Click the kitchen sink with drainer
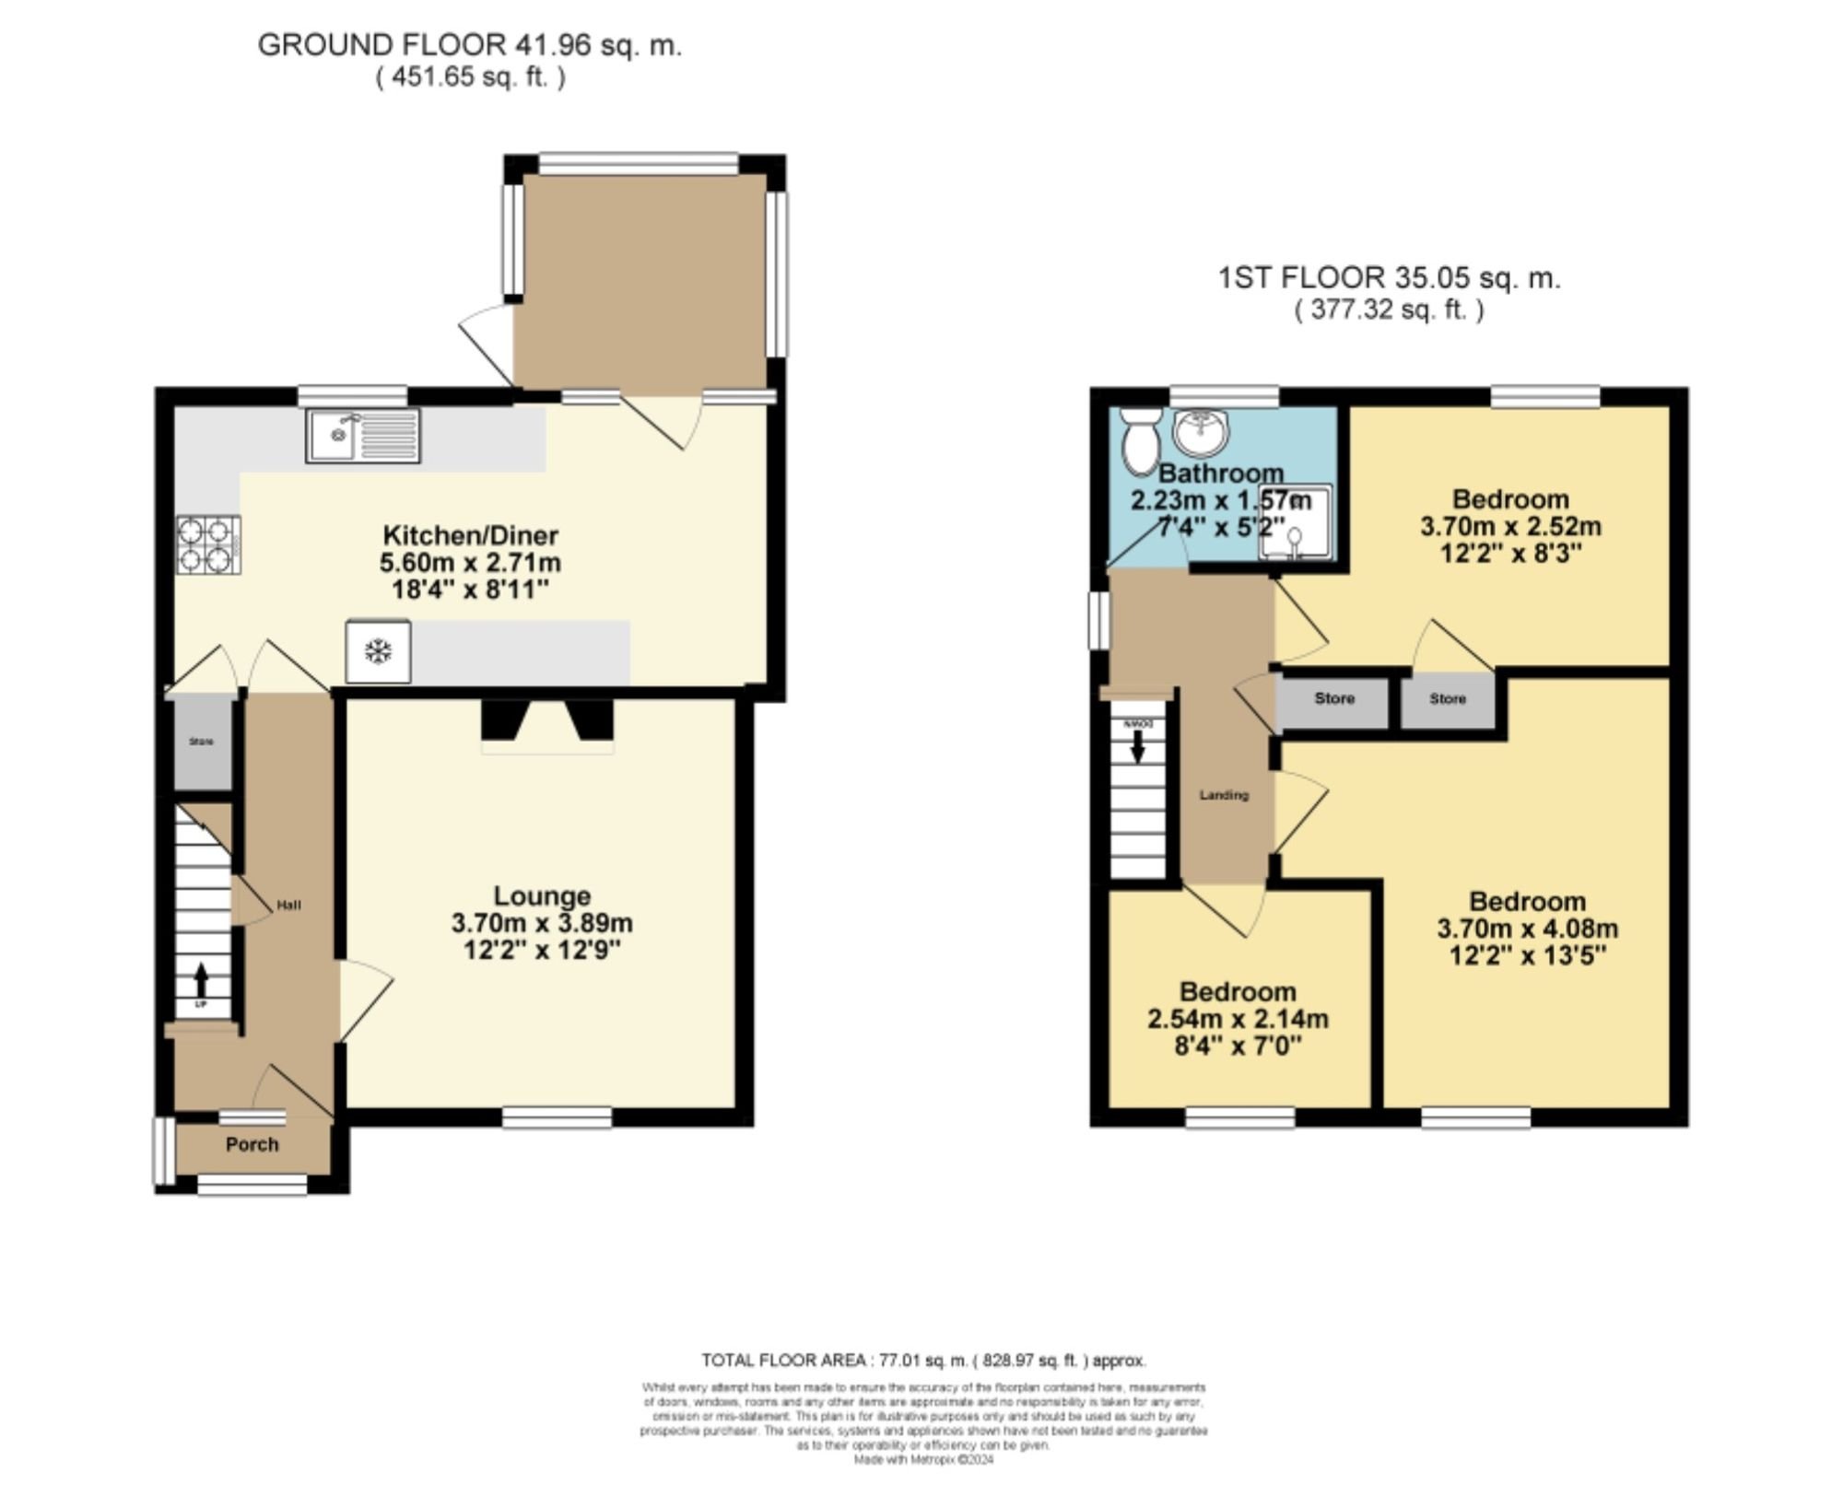point(363,436)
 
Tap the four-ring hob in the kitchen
point(208,544)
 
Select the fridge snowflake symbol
point(378,651)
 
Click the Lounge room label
point(542,895)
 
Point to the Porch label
point(252,1144)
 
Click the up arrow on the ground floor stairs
point(201,977)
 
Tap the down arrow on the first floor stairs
point(1138,747)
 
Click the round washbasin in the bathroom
point(1201,432)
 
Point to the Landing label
point(1224,794)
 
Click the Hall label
point(288,905)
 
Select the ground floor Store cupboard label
point(202,742)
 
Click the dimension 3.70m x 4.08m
point(1527,929)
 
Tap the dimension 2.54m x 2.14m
point(1238,1019)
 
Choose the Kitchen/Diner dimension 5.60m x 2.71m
point(470,562)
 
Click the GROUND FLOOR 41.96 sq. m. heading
point(469,44)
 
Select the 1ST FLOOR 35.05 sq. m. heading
point(1389,277)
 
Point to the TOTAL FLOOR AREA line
point(923,1360)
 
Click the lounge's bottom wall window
point(557,1117)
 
